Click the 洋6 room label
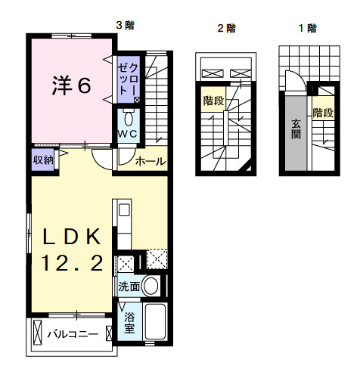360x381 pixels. pos(71,85)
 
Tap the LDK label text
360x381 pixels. pos(71,236)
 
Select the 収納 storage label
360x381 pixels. pos(42,160)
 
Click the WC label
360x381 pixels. pos(126,134)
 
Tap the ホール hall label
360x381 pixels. pos(151,161)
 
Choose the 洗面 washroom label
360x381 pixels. pos(128,287)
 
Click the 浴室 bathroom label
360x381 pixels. pos(129,322)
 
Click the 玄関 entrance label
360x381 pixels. pos(296,131)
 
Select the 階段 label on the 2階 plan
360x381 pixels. pos(213,100)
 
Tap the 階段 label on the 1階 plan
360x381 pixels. pos(323,113)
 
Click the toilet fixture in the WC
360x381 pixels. pos(128,119)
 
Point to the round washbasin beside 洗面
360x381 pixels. pos(151,287)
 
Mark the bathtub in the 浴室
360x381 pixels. pos(155,323)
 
